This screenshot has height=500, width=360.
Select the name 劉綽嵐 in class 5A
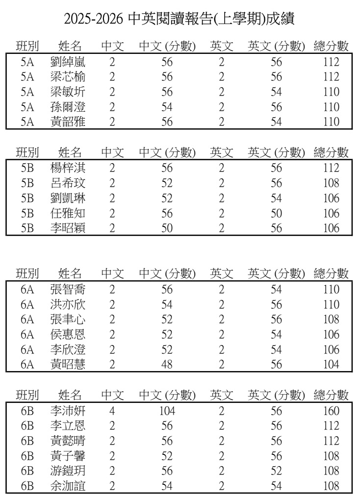pos(68,62)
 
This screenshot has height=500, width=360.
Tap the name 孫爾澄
pos(68,107)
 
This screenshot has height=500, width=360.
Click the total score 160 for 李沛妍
pos(331,411)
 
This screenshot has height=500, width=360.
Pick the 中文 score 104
pos(167,411)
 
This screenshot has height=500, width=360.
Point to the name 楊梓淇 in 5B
pos(68,168)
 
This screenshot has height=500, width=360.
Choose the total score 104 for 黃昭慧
pos(331,365)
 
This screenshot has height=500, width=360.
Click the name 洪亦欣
pos(68,305)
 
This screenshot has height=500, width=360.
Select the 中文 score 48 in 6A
pos(167,365)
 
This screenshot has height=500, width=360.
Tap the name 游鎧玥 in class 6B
pos(68,472)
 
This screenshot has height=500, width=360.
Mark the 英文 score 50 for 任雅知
pos(276,213)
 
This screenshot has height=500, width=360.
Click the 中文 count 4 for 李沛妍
pos(112,411)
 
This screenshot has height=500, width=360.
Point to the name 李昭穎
pos(68,228)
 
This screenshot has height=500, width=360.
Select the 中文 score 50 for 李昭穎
pos(167,228)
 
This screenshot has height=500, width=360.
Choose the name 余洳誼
pos(68,487)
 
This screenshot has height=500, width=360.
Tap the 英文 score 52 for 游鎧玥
pos(276,472)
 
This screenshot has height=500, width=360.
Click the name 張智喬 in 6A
pos(68,290)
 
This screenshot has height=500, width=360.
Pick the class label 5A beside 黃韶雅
pos(27,122)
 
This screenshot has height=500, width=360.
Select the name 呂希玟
pos(68,183)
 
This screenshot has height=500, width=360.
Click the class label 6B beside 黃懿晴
pos(27,442)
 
